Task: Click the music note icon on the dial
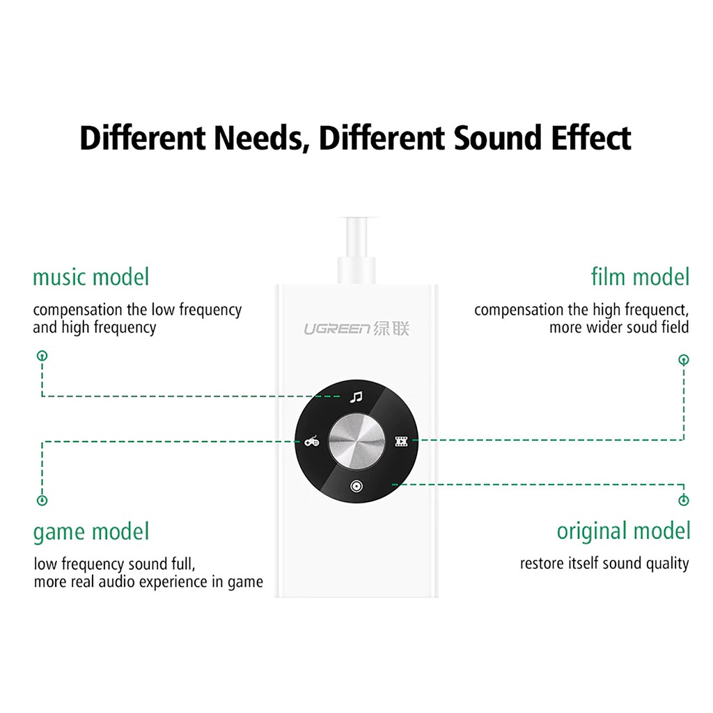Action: (x=356, y=398)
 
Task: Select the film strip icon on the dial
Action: (x=400, y=441)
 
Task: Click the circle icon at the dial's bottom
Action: (x=356, y=485)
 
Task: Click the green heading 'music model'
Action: (x=91, y=277)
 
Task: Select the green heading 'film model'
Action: (x=640, y=277)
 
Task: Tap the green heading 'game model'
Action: (x=91, y=533)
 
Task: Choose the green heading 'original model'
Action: (x=623, y=531)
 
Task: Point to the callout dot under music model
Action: (x=42, y=356)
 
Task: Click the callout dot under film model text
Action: (x=684, y=360)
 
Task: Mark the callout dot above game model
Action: (x=42, y=500)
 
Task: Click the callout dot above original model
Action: (x=684, y=500)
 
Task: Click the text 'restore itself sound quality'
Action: (x=604, y=563)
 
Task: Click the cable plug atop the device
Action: (x=356, y=267)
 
